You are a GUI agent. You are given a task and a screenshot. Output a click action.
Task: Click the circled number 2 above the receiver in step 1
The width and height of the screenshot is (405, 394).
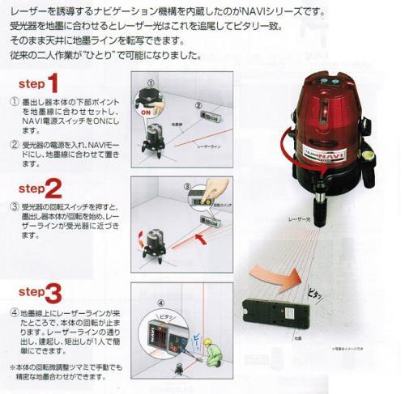click(196, 104)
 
